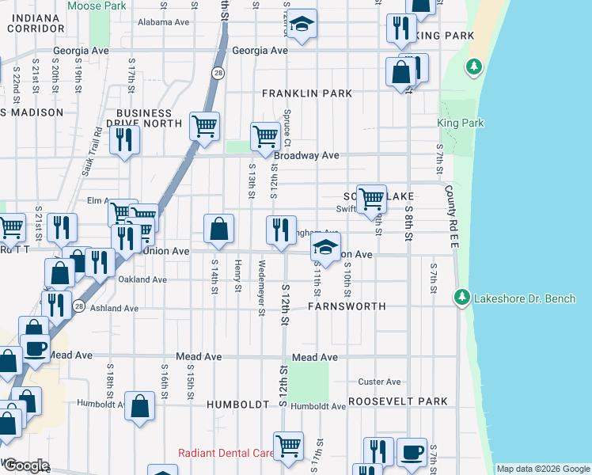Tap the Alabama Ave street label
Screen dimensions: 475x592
(164, 22)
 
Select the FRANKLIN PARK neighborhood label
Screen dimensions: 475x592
(307, 93)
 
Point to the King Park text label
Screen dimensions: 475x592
(461, 123)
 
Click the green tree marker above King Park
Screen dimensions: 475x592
(474, 67)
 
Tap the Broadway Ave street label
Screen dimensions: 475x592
(306, 156)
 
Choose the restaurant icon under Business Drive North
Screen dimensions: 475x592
(124, 139)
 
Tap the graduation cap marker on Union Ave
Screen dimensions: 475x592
(324, 248)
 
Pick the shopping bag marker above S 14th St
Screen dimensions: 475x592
(219, 229)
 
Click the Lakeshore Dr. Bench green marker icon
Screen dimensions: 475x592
(462, 298)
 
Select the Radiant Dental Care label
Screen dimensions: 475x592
(226, 454)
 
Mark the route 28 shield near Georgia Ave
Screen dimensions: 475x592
(217, 73)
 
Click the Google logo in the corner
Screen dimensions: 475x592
(26, 465)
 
